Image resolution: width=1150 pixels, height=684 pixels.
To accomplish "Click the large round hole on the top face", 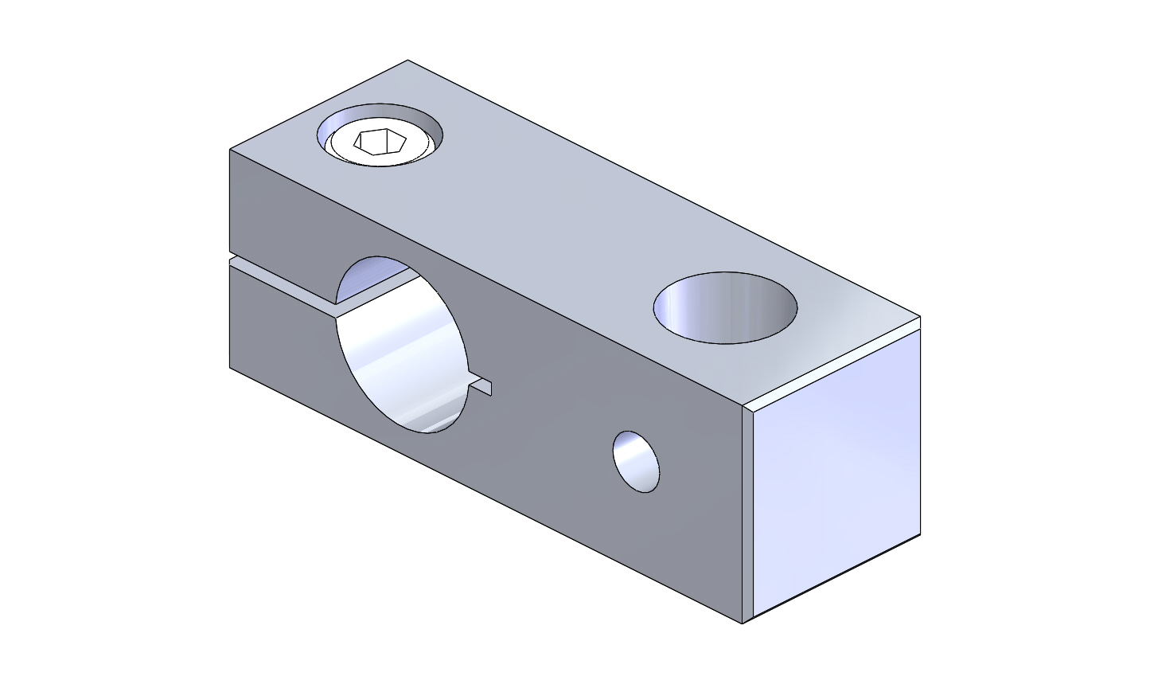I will point(725,307).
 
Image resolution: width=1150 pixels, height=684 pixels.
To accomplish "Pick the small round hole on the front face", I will point(636,461).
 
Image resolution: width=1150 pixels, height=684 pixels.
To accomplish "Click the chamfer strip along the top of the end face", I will point(832,362).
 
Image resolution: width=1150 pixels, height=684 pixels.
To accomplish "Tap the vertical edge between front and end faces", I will point(743,514).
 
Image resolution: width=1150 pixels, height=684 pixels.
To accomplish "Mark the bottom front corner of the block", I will point(743,623).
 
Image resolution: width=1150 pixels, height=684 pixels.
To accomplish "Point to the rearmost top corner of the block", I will point(407,61).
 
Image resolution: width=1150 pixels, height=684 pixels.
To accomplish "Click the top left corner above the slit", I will point(230,150).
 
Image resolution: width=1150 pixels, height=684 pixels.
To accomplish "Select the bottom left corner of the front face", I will point(230,368).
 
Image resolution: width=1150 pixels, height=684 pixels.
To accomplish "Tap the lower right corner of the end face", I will point(920,534).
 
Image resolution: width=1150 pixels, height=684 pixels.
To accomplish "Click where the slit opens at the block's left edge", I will point(231,259).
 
